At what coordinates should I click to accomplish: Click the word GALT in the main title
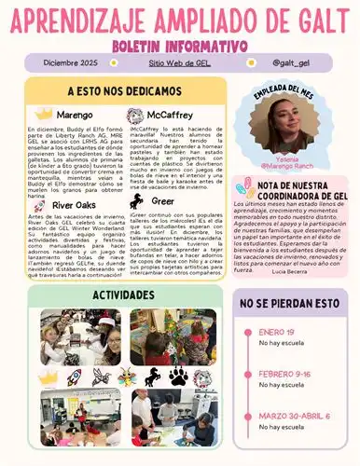[314, 19]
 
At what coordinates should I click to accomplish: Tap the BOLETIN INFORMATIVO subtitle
[180, 44]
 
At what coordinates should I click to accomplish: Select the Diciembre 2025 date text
[70, 62]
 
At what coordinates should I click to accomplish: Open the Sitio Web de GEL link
[180, 62]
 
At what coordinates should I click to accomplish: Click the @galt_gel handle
[290, 62]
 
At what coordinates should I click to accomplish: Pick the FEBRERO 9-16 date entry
[284, 373]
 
